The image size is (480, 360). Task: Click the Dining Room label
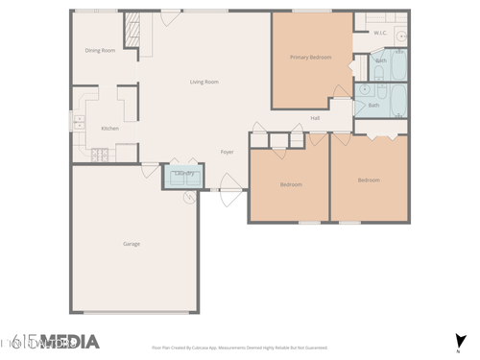click(x=100, y=50)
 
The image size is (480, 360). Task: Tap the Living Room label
click(x=204, y=82)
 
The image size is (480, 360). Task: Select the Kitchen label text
click(x=110, y=129)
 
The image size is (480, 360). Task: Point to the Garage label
click(x=131, y=244)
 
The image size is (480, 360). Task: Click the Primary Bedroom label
click(x=311, y=58)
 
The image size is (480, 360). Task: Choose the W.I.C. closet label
click(x=380, y=33)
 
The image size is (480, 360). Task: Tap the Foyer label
click(x=228, y=152)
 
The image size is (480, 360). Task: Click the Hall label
click(x=315, y=118)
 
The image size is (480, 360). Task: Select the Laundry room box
click(x=184, y=175)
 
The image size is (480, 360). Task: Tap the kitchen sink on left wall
click(x=77, y=122)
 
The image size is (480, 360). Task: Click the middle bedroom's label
click(x=291, y=183)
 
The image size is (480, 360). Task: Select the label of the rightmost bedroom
click(x=369, y=180)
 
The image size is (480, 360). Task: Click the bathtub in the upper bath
click(x=397, y=65)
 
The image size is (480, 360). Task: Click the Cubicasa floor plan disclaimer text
click(x=239, y=348)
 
